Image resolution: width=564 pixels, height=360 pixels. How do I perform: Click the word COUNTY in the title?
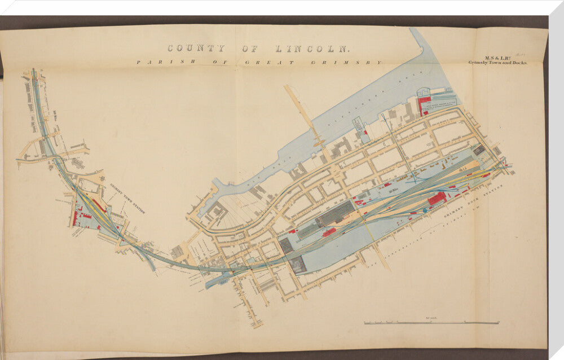[196, 49]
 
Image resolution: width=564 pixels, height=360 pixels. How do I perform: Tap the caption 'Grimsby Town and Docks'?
[497, 63]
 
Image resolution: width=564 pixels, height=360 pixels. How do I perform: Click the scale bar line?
[431, 323]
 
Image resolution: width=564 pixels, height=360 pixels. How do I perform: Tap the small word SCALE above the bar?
[433, 318]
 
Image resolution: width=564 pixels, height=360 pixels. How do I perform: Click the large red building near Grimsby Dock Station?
[437, 198]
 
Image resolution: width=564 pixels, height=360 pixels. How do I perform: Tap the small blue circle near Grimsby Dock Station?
[425, 210]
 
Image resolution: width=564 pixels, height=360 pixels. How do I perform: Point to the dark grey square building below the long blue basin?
[298, 264]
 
